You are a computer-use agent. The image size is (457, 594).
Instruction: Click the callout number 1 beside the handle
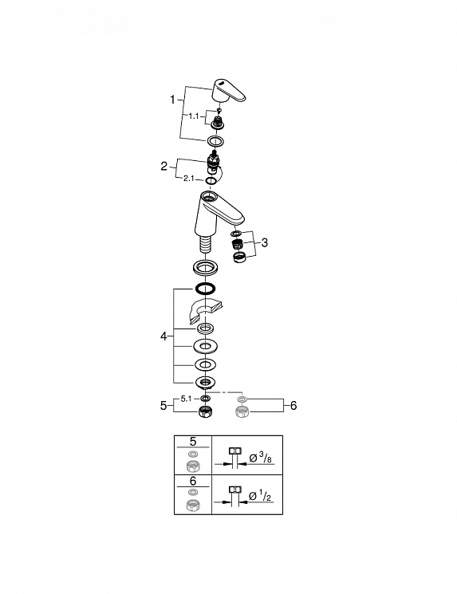coord(172,100)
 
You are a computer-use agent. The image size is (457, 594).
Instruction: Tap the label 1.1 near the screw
coord(194,116)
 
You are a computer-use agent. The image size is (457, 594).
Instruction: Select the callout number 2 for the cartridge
coord(163,166)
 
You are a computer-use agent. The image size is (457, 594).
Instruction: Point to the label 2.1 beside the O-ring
coord(189,178)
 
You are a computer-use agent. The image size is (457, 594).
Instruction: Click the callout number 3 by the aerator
coord(265,242)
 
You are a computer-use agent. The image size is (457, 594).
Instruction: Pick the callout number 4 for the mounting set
coord(163,336)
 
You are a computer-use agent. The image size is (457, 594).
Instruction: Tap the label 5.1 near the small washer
coord(186,399)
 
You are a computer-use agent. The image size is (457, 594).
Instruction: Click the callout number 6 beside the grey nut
coord(294,406)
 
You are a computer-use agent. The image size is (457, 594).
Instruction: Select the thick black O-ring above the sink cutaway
coord(206,289)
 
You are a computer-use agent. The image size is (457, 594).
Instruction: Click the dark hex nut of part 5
coord(206,411)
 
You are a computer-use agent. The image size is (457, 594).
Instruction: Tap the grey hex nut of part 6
coord(242,411)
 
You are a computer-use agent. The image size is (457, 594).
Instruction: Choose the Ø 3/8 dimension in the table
coord(260,458)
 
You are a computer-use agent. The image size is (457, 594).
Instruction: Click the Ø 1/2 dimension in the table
coord(260,496)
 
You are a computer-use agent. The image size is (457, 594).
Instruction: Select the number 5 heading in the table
coord(193,442)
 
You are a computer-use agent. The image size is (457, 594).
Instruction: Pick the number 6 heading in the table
coord(193,481)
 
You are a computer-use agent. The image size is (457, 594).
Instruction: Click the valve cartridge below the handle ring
coord(214,162)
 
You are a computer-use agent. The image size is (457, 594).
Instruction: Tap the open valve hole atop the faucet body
coord(208,197)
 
